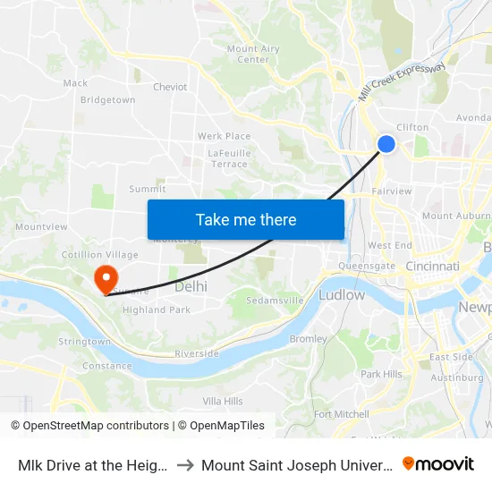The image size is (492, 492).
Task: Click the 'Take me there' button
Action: (x=246, y=220)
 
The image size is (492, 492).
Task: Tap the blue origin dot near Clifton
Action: (x=386, y=144)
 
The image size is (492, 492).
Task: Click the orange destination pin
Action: (x=106, y=277)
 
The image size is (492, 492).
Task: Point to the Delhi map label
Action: (x=191, y=286)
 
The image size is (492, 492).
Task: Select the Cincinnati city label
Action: (x=432, y=267)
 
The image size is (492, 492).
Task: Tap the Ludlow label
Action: (x=342, y=294)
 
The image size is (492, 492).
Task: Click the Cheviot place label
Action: (x=170, y=87)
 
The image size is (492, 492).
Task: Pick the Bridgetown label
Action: (x=107, y=100)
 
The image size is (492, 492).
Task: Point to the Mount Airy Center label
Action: (x=253, y=55)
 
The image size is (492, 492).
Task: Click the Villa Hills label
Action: (x=223, y=402)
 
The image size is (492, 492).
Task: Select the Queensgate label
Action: (x=367, y=266)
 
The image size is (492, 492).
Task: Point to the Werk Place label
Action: (x=224, y=136)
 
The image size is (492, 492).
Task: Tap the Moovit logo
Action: (x=438, y=464)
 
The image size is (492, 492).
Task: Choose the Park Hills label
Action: (x=381, y=374)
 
